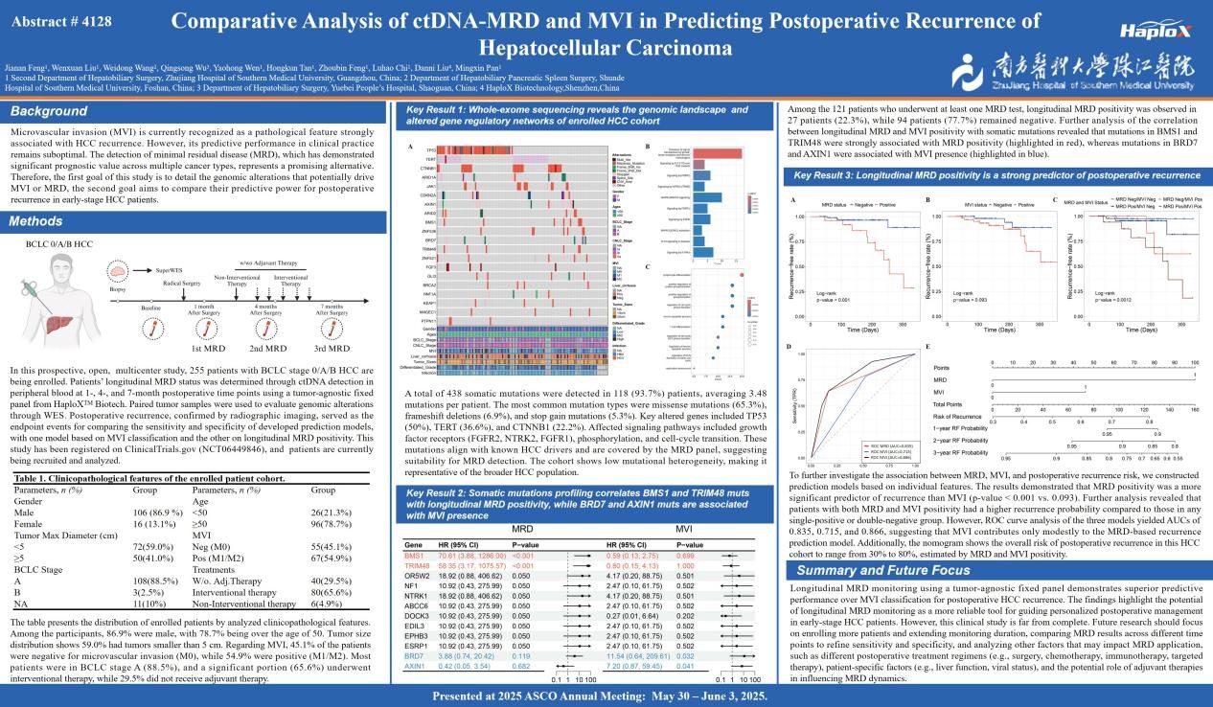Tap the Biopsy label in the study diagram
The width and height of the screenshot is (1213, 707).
[118, 286]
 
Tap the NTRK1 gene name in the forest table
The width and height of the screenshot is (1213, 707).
[416, 595]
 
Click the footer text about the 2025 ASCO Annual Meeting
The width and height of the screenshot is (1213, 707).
[606, 696]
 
